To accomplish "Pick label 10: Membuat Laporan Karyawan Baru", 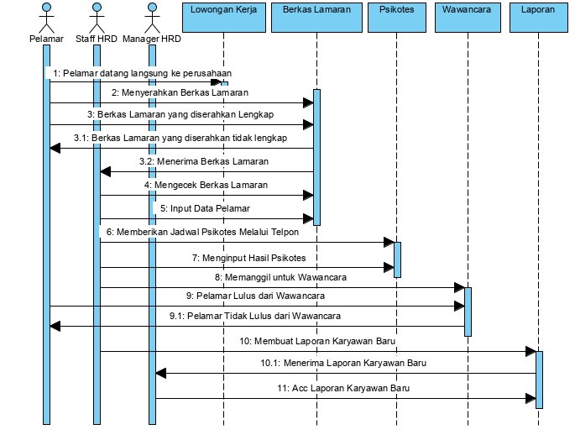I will (318, 341).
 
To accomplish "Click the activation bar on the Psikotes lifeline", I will (397, 259).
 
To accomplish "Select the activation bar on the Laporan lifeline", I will (539, 379).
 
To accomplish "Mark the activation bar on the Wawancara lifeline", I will (468, 311).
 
